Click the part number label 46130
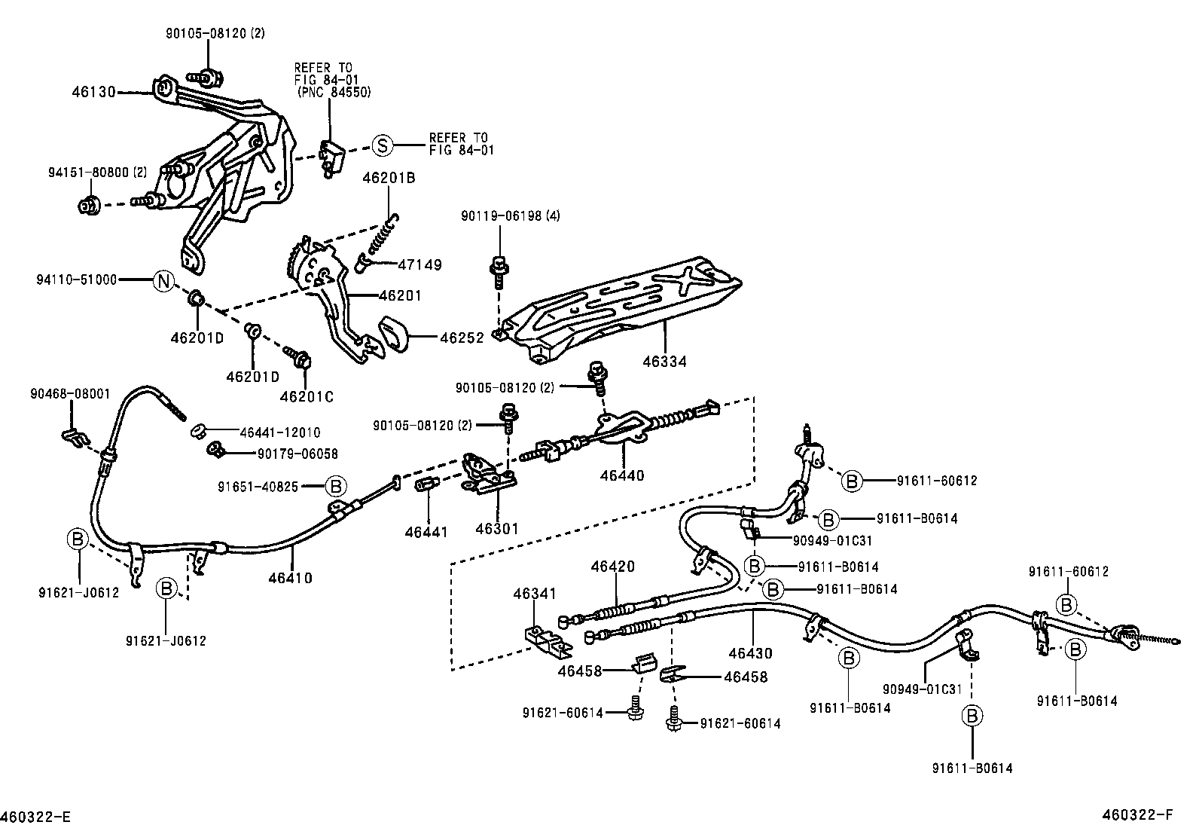(x=94, y=92)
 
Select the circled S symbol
(x=383, y=145)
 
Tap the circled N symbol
(x=163, y=280)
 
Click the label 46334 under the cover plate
(x=664, y=362)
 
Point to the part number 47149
(x=419, y=265)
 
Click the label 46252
(x=462, y=339)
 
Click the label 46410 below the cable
(x=290, y=578)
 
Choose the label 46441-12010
(x=279, y=432)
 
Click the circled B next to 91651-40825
(x=336, y=486)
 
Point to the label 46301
(x=497, y=529)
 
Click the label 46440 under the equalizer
(x=622, y=475)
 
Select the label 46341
(x=535, y=594)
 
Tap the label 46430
(x=750, y=653)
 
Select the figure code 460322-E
(x=36, y=817)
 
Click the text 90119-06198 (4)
(x=511, y=216)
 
